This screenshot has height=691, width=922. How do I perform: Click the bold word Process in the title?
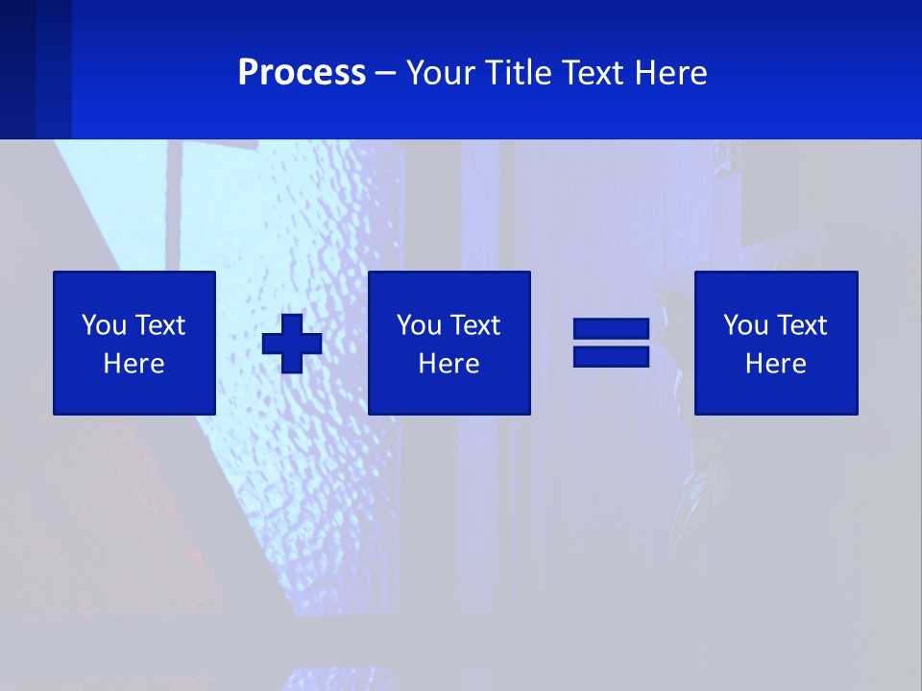(x=302, y=73)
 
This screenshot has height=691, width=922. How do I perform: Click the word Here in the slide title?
(x=671, y=73)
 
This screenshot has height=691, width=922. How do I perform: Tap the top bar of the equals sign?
(x=611, y=329)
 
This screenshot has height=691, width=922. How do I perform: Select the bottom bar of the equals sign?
(x=611, y=356)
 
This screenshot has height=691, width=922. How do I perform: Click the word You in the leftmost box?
(x=104, y=325)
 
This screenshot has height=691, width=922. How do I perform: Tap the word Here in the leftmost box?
(x=133, y=364)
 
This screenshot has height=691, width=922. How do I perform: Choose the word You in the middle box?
(x=419, y=325)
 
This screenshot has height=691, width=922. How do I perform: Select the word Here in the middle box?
(x=449, y=364)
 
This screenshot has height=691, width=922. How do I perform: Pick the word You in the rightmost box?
(x=745, y=325)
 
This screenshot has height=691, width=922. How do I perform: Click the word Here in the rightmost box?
(x=775, y=364)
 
